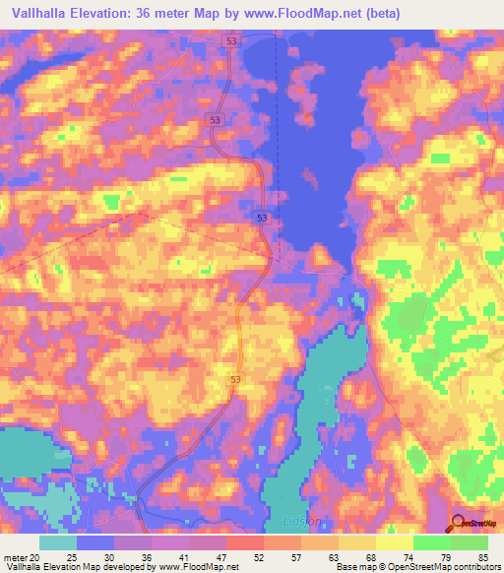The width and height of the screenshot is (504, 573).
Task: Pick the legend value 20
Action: coord(36,558)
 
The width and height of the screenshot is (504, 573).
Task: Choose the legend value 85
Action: coord(481,558)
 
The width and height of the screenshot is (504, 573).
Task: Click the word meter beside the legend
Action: coord(15,558)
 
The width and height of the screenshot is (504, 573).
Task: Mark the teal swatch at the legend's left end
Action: coord(58,542)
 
